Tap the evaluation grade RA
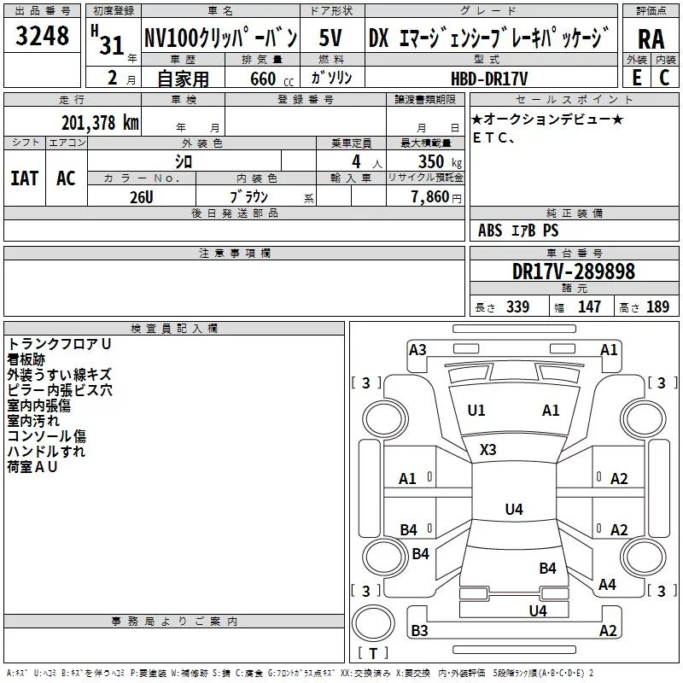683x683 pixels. tap(651, 39)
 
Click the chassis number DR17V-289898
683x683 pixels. tap(573, 271)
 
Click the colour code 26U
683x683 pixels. tap(141, 196)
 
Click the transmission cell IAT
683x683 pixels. tap(24, 178)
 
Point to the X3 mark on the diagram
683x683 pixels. tap(488, 449)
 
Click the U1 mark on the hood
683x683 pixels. tap(476, 411)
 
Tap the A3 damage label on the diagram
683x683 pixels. tap(417, 349)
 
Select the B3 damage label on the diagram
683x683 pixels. tap(419, 631)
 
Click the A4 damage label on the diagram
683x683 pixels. tap(607, 585)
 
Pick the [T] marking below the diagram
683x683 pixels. tap(373, 653)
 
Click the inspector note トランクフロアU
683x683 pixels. tap(59, 343)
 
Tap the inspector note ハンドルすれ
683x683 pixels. tap(46, 451)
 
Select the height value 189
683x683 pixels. tap(657, 307)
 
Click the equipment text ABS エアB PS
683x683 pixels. tap(519, 231)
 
